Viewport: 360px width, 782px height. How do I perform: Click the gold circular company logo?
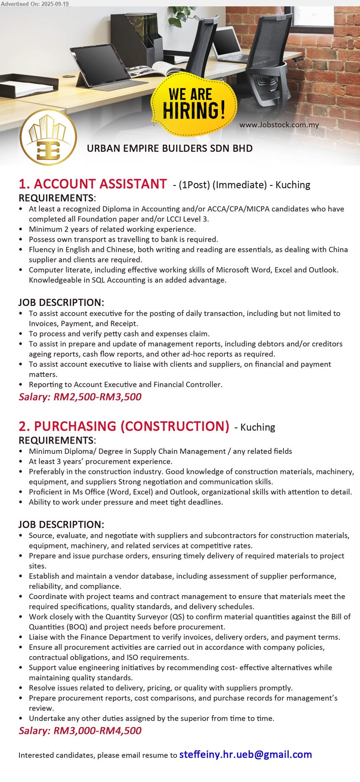[48, 137]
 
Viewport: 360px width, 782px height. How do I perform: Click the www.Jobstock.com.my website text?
[279, 125]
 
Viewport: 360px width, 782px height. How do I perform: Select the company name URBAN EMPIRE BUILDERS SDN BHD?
[169, 149]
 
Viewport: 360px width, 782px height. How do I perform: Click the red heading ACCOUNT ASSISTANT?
[93, 184]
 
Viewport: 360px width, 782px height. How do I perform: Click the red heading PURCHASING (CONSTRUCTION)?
[124, 426]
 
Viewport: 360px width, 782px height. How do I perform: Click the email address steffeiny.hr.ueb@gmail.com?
[246, 754]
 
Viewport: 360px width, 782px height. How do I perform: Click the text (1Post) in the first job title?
[194, 185]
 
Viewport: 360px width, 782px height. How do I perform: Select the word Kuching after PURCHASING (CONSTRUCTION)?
[258, 427]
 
